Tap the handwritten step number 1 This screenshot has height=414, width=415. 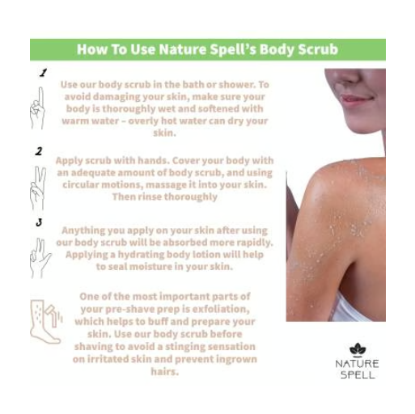pyautogui.click(x=43, y=73)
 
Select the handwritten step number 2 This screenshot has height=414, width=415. pyautogui.click(x=39, y=151)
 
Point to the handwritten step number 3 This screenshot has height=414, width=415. pyautogui.click(x=39, y=222)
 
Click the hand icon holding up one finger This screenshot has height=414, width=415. pyautogui.click(x=37, y=108)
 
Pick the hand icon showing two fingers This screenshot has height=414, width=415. pyautogui.click(x=38, y=188)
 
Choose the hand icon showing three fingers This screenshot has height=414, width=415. pyautogui.click(x=40, y=258)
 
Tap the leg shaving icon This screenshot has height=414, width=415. pyautogui.click(x=46, y=322)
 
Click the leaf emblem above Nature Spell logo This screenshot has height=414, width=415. pyautogui.click(x=358, y=349)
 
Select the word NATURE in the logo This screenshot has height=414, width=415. pyautogui.click(x=358, y=364)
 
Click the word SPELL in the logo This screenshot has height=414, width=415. pyautogui.click(x=358, y=374)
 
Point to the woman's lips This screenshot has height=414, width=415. pyautogui.click(x=358, y=99)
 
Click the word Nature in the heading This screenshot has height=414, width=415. pyautogui.click(x=183, y=49)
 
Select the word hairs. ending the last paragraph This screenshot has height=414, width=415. pyautogui.click(x=164, y=372)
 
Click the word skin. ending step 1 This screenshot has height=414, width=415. pyautogui.click(x=164, y=133)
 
